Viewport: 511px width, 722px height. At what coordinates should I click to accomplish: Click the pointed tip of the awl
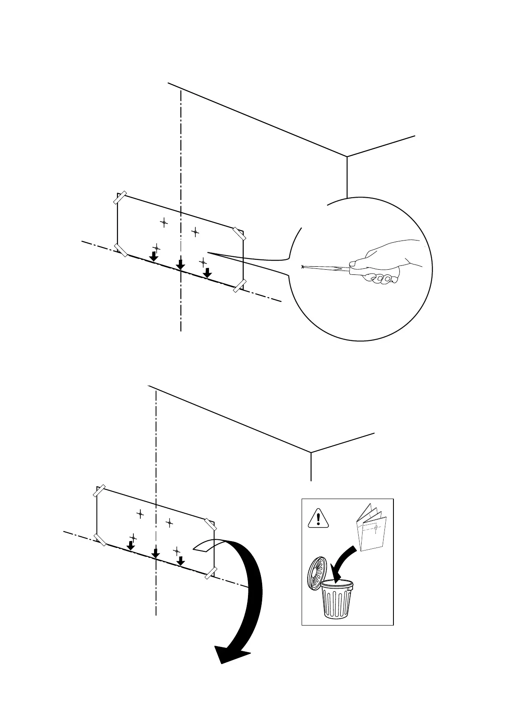pyautogui.click(x=303, y=267)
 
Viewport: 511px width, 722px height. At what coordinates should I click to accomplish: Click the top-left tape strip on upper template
pyautogui.click(x=121, y=198)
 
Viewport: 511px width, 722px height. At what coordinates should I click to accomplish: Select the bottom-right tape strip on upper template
pyautogui.click(x=239, y=286)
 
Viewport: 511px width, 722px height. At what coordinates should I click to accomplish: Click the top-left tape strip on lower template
pyautogui.click(x=100, y=491)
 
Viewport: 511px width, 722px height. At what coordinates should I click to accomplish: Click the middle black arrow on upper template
pyautogui.click(x=181, y=264)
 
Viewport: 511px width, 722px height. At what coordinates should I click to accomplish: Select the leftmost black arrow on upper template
pyautogui.click(x=153, y=256)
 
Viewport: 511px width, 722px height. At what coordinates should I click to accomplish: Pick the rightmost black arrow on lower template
pyautogui.click(x=181, y=560)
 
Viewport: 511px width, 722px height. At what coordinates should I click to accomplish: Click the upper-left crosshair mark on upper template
pyautogui.click(x=163, y=222)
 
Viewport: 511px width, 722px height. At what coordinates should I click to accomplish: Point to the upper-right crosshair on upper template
pyautogui.click(x=195, y=232)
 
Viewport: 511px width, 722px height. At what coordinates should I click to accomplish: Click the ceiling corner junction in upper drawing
pyautogui.click(x=347, y=156)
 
